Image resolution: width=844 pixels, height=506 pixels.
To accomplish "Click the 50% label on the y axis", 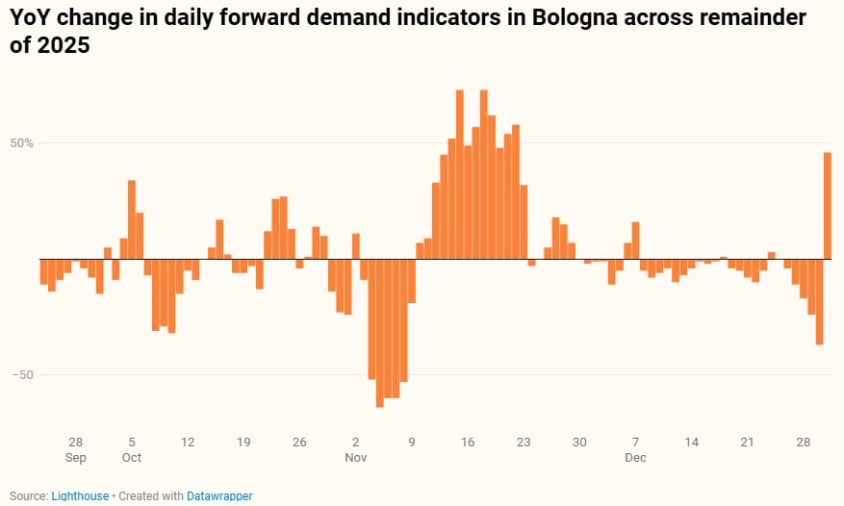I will pos(22,143).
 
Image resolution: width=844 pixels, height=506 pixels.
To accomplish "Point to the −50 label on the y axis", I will pos(22,375).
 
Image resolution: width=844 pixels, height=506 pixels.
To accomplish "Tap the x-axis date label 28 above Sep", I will pos(76,443).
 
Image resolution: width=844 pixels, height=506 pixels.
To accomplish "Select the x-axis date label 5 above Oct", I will pos(132,443).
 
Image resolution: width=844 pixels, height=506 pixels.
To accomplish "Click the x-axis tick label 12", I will pos(188,443).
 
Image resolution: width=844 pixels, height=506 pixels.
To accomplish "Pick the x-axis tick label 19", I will pos(243,443).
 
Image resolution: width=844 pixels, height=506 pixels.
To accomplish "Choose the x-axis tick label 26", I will pos(299,443).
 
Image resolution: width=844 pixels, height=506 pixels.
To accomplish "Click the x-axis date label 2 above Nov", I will pos(355,443).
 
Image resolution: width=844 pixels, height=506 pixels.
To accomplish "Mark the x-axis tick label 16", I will pos(468,443).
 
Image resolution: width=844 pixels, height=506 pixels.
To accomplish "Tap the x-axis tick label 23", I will pos(524,443).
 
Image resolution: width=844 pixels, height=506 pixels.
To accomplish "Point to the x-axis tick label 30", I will pos(579,443).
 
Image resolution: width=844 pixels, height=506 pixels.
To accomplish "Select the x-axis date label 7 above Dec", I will pos(635,443).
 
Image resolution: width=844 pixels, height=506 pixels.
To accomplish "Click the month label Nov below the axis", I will pos(355,458).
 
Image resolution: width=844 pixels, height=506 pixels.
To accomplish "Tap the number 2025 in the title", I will pos(66,45).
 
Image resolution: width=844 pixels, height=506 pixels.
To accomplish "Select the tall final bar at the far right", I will pos(828,206).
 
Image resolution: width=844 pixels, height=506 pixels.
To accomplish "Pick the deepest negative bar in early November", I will pos(379,333).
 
